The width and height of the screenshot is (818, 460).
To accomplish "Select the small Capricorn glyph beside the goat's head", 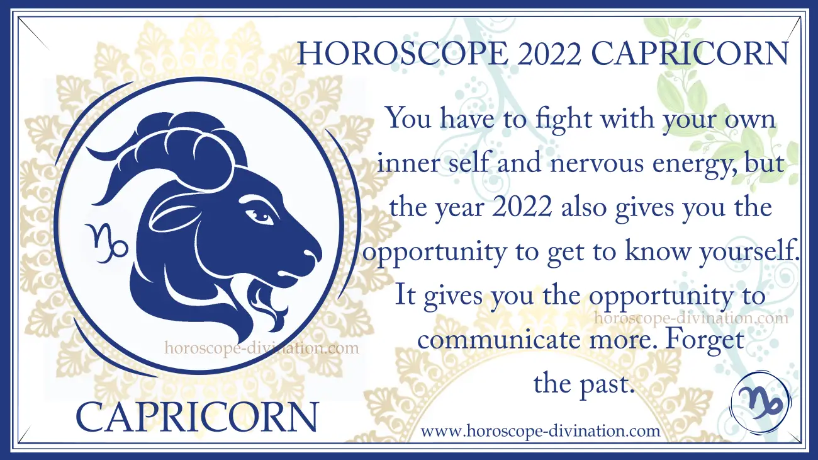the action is pos(106,243).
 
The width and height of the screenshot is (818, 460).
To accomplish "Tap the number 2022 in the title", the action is pos(549,54).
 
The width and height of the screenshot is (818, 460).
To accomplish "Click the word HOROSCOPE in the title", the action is pos(401,54).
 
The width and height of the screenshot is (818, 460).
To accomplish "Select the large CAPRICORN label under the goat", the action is pos(197,417).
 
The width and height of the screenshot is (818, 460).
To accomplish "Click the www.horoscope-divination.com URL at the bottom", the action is pos(541,431).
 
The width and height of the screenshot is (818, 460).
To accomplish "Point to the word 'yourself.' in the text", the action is pos(749,251).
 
